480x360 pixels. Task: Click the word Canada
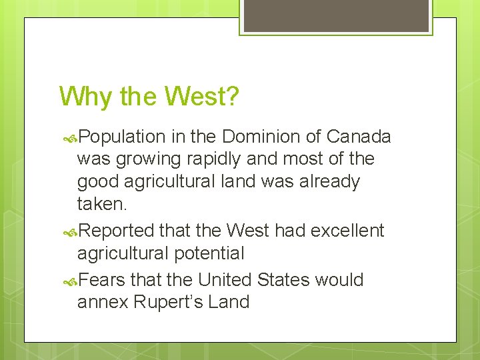[359, 137]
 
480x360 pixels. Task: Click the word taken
[100, 203]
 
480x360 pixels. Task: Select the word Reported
[117, 231]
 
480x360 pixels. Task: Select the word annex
[103, 302]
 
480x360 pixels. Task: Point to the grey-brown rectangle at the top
[336, 15]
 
